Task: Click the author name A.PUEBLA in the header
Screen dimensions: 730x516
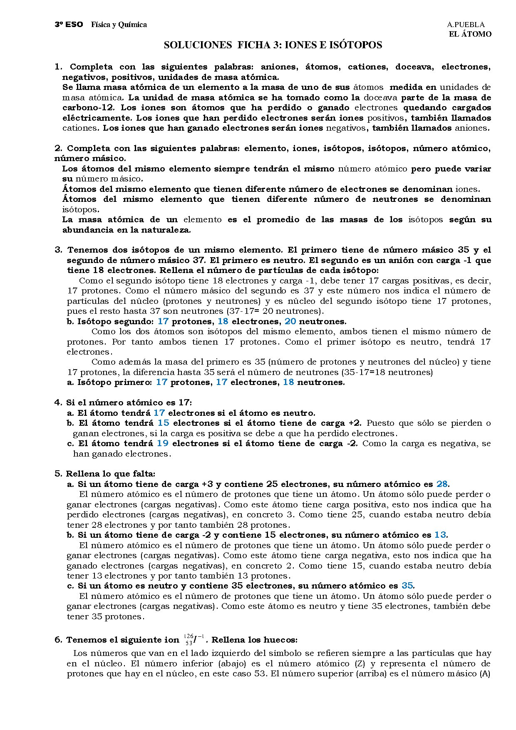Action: [466, 25]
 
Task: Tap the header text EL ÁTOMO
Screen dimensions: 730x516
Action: [470, 34]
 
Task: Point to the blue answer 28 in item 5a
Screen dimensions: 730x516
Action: [442, 484]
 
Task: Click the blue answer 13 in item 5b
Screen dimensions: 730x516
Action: [440, 535]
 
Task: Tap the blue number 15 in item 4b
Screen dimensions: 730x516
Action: [164, 423]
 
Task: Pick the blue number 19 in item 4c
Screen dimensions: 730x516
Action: [162, 443]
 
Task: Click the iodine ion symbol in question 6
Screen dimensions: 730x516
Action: [194, 639]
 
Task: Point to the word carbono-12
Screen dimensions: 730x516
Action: [84, 108]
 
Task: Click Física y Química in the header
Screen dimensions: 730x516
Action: [119, 25]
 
